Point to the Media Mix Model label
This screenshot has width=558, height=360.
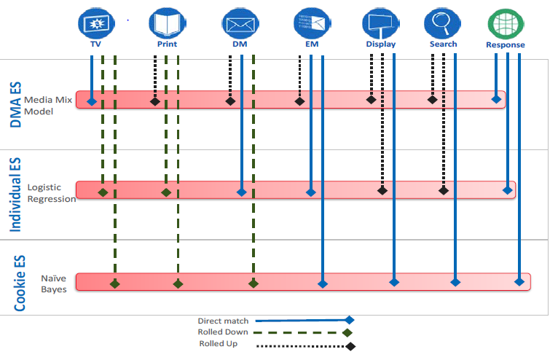[x=48, y=106]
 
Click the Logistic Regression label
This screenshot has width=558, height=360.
[x=51, y=193]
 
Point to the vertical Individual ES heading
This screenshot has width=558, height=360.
[x=16, y=193]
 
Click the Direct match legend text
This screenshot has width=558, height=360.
[x=223, y=321]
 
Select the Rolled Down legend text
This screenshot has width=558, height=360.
[x=223, y=332]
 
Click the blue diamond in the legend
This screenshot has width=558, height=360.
[x=350, y=320]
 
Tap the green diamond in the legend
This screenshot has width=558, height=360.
[x=347, y=333]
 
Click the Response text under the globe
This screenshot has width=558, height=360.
[x=505, y=45]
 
